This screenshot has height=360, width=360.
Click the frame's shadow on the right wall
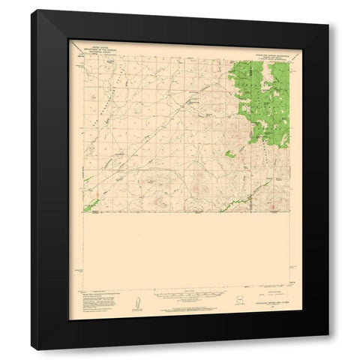(334, 187)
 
